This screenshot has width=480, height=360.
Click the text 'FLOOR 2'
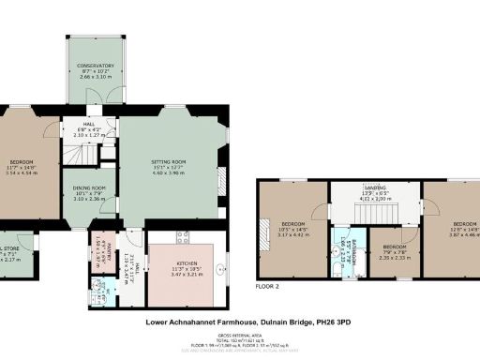(267, 284)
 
